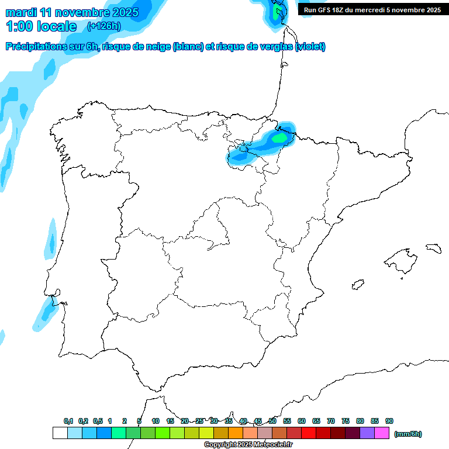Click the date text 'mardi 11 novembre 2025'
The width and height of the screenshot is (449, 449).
click(x=72, y=12)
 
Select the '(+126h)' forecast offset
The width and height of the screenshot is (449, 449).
click(x=103, y=26)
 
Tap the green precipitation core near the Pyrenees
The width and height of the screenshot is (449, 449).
click(x=281, y=138)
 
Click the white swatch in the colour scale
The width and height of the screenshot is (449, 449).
click(x=60, y=433)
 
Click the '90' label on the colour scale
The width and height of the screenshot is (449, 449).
click(x=389, y=421)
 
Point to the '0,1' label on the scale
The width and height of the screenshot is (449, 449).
click(x=68, y=421)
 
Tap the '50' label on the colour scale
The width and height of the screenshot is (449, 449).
click(x=272, y=421)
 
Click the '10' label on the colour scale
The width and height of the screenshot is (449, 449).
click(x=156, y=421)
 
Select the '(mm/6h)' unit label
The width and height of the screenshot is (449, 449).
click(x=408, y=434)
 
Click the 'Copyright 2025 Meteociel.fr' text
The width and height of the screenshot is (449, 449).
click(x=248, y=444)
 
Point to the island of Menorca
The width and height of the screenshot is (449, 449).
click(x=433, y=248)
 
